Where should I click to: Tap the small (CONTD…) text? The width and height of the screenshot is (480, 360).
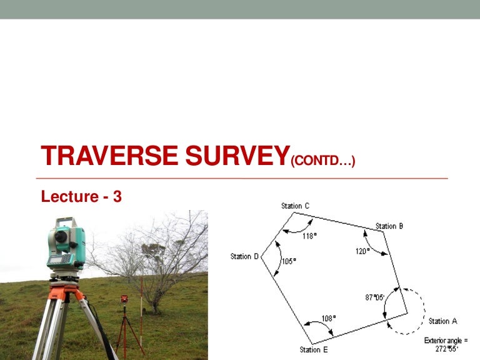[x=323, y=162]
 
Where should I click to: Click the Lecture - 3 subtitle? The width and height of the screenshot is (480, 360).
[x=81, y=197]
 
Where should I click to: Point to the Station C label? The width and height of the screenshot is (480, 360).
[x=295, y=206]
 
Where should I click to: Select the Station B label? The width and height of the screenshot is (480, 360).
[x=389, y=226]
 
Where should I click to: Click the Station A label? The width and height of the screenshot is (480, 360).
[x=442, y=321]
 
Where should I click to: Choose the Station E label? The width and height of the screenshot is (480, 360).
[x=314, y=349]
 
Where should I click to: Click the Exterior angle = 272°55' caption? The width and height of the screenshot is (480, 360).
[x=445, y=344]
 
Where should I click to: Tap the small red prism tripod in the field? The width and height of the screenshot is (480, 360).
[x=124, y=319]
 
